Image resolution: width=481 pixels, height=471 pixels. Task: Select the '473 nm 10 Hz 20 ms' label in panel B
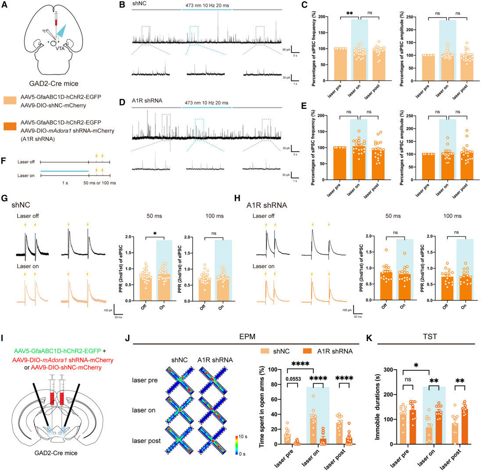point(206,5)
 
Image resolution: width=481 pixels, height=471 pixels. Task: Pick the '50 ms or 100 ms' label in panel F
point(100,183)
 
